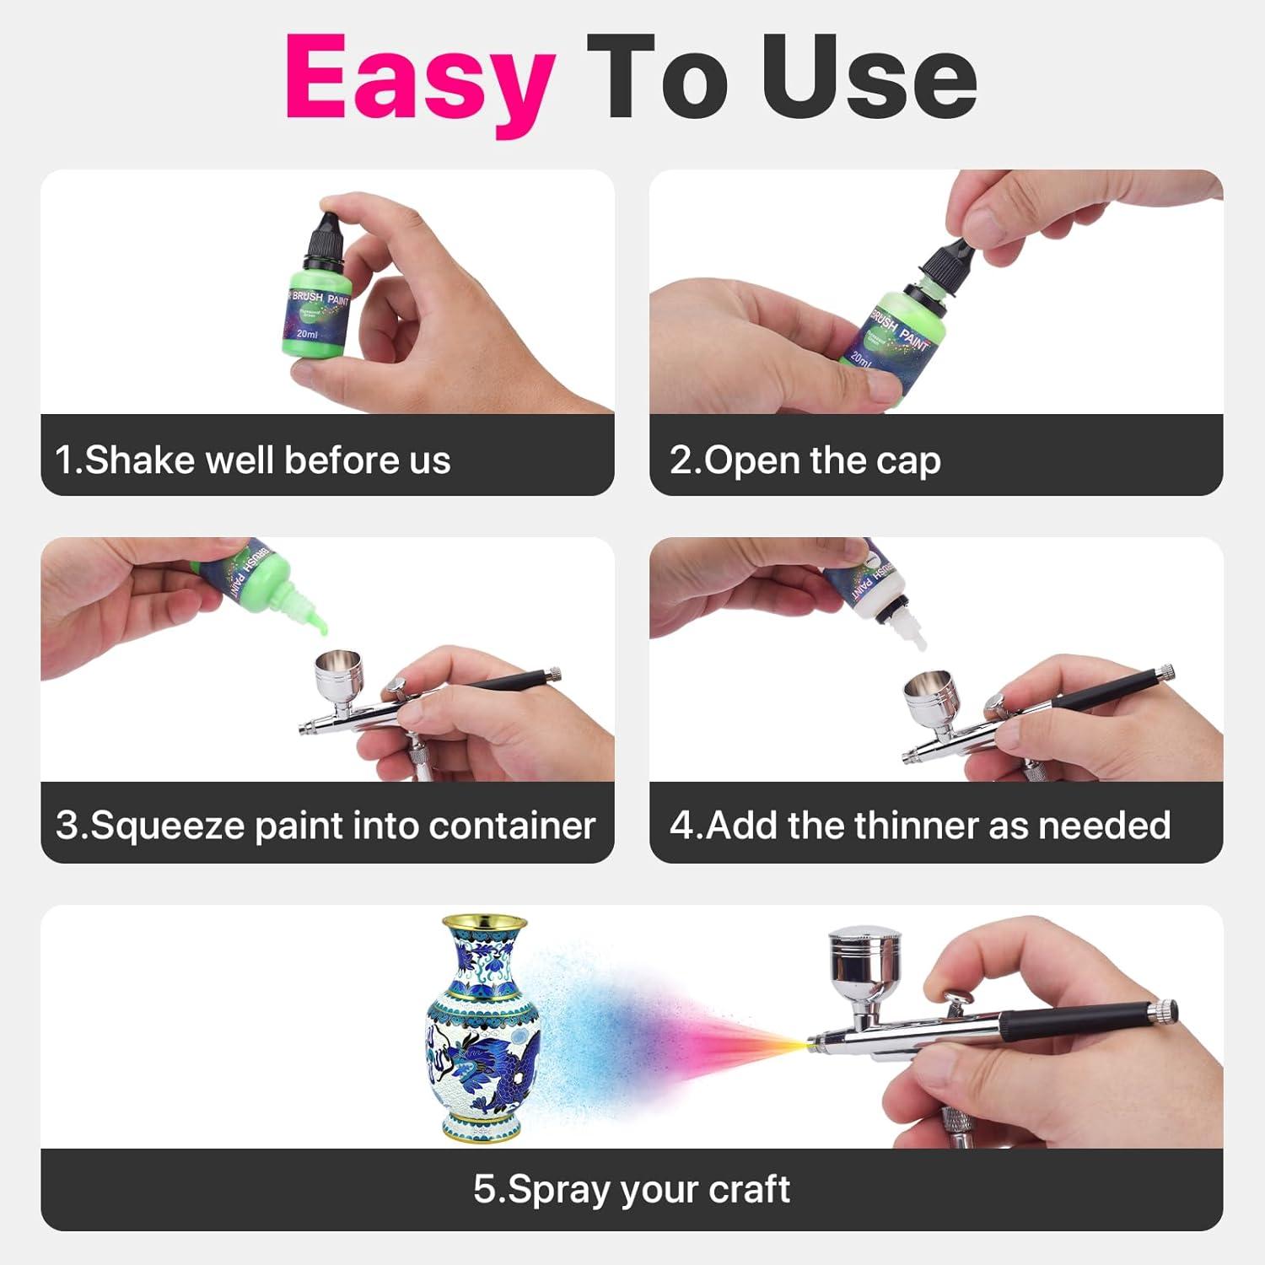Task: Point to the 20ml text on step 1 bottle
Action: coord(307,335)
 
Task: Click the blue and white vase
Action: coord(482,1028)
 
